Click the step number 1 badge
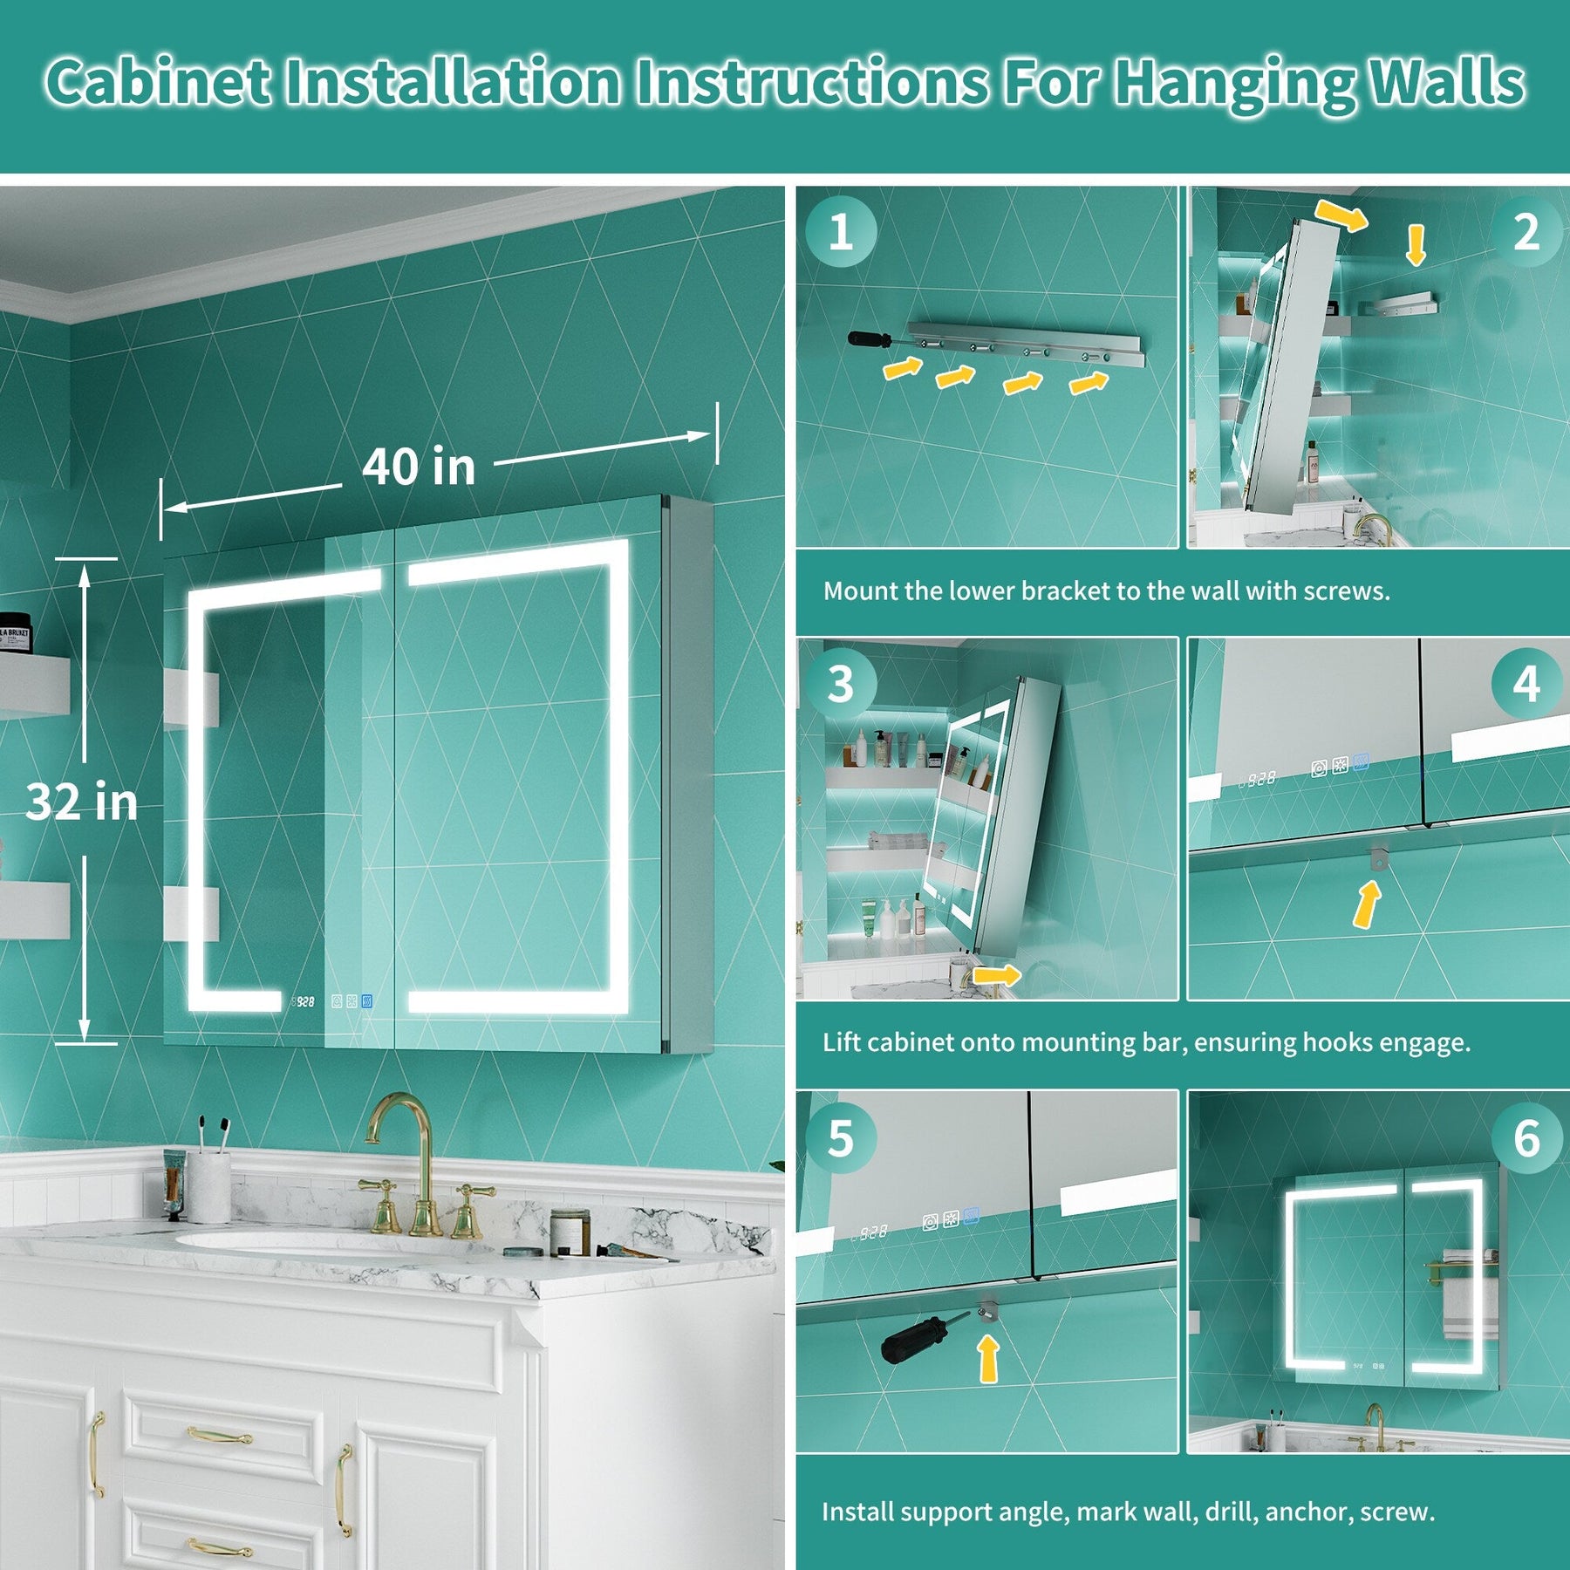click(x=840, y=231)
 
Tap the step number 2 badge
click(x=1526, y=231)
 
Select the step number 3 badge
click(x=840, y=684)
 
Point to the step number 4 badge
click(x=1526, y=684)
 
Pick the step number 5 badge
click(x=840, y=1137)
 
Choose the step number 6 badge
click(x=1526, y=1137)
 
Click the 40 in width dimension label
click(x=419, y=466)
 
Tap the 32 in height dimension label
click(x=82, y=801)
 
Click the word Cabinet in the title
click(x=158, y=82)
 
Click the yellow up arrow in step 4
click(x=1367, y=904)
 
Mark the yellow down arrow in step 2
click(x=1416, y=245)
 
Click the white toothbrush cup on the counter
click(x=209, y=1186)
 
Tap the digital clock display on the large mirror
click(x=303, y=1002)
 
